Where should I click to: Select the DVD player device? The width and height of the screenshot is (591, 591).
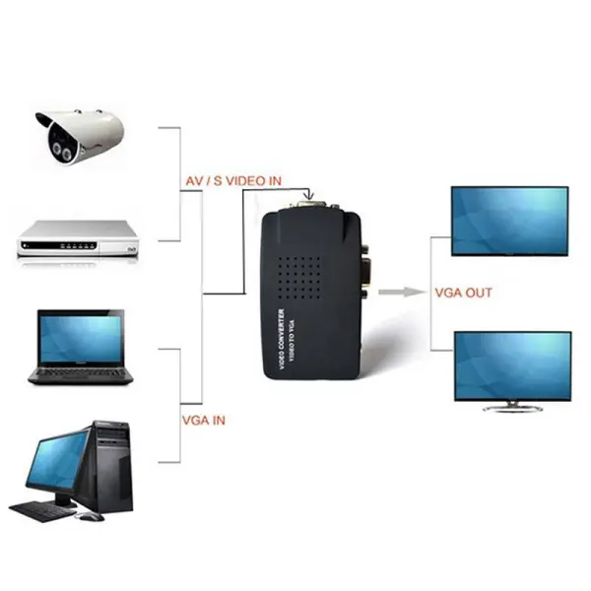pyautogui.click(x=78, y=239)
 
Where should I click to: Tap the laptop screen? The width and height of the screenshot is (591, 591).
pyautogui.click(x=81, y=337)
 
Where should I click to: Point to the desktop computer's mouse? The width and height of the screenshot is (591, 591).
pyautogui.click(x=91, y=515)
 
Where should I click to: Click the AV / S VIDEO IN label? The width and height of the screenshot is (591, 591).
pyautogui.click(x=233, y=181)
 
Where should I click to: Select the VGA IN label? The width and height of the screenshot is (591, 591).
pyautogui.click(x=204, y=421)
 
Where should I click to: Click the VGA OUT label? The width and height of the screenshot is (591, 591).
pyautogui.click(x=463, y=293)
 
